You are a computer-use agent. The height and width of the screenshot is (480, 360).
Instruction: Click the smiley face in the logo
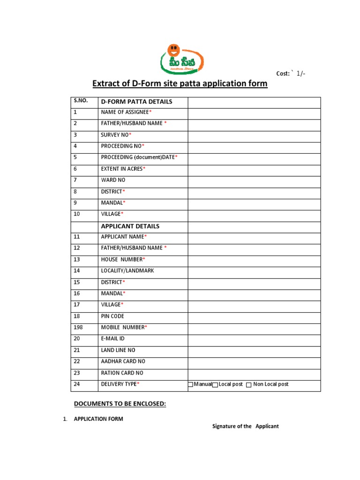(x=174, y=48)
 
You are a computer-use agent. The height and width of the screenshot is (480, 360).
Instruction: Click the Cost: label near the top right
(x=283, y=74)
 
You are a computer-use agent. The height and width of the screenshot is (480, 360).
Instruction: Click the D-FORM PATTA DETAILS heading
(x=136, y=102)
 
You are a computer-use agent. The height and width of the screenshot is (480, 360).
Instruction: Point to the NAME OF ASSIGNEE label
(x=125, y=112)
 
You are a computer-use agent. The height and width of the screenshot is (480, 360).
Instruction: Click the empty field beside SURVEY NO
(x=254, y=135)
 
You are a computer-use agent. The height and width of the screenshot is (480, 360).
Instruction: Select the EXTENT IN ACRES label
(x=122, y=169)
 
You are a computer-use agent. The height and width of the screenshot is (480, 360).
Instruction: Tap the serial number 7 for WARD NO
(x=75, y=180)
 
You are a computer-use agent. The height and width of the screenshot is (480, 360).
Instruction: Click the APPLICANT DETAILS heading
(x=130, y=226)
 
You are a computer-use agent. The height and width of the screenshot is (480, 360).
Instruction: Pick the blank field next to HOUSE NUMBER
(x=254, y=259)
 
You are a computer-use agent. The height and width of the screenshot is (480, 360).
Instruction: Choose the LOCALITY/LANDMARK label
(x=127, y=270)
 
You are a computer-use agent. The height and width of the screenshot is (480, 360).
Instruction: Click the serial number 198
(x=78, y=327)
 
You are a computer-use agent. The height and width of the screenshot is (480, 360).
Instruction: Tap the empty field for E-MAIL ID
(x=254, y=338)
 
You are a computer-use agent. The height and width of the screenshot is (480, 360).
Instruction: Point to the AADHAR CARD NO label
(x=123, y=361)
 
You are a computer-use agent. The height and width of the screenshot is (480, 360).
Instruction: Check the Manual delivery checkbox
(x=190, y=385)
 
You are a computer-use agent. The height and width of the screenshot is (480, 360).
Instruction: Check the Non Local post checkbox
(x=249, y=385)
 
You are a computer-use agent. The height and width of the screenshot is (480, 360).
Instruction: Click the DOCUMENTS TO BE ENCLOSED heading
(x=120, y=404)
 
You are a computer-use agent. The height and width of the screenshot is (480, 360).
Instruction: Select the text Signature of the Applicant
(x=245, y=426)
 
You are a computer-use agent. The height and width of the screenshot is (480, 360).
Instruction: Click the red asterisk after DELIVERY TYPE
(x=138, y=384)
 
